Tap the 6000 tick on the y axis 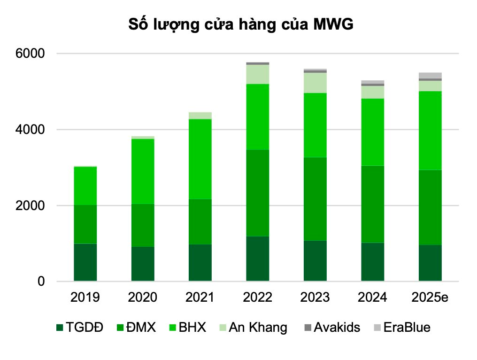(32, 54)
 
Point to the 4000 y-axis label (32, 130)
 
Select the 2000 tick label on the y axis (32, 206)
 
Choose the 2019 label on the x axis (85, 297)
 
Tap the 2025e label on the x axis (430, 297)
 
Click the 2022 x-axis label (258, 297)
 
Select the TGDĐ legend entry (80, 327)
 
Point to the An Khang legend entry (252, 327)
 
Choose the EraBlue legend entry (401, 327)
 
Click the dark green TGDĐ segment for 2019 (85, 262)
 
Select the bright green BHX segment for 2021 (200, 159)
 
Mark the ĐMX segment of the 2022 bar (258, 193)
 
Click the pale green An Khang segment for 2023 (315, 83)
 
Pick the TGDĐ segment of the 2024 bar (373, 262)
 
